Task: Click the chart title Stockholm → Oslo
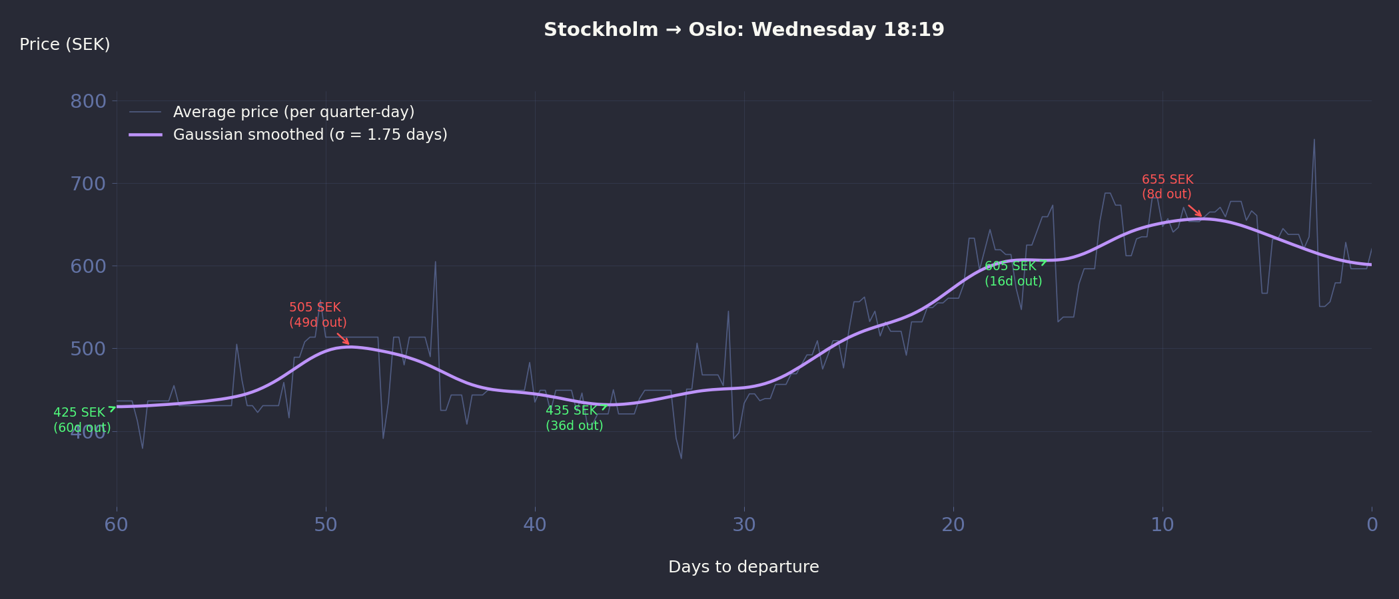(x=743, y=30)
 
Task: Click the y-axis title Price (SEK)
(x=65, y=45)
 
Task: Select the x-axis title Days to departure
(x=743, y=567)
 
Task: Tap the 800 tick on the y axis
(x=88, y=101)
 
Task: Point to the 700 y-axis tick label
(x=88, y=184)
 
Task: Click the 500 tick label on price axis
(x=88, y=349)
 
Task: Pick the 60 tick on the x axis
(x=117, y=525)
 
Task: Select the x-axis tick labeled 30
(x=744, y=525)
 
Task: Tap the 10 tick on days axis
(x=1163, y=525)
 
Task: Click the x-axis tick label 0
(x=1372, y=525)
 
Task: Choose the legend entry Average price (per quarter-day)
(x=293, y=112)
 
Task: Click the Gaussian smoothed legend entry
(x=310, y=134)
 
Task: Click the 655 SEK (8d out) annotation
(x=1167, y=187)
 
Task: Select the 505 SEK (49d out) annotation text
(x=318, y=315)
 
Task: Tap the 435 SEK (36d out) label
(x=574, y=418)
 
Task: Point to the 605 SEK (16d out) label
(x=1013, y=274)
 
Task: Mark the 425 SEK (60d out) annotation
(x=82, y=420)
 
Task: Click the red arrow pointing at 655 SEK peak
(x=1195, y=211)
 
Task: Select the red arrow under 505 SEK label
(x=343, y=339)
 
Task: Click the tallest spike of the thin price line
(x=1314, y=140)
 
